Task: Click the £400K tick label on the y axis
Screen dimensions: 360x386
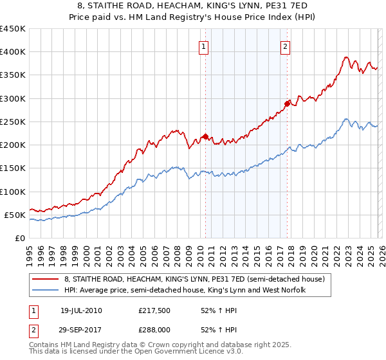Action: pos(13,52)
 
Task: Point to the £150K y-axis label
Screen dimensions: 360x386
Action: pos(13,168)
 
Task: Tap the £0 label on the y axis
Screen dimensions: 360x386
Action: pos(20,238)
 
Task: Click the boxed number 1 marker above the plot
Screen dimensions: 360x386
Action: pos(204,46)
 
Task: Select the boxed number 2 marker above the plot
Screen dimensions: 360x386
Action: pos(285,46)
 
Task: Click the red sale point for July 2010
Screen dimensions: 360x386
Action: pos(205,136)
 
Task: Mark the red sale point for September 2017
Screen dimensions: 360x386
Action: pos(288,104)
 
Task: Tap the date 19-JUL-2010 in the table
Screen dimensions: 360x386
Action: pos(81,310)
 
